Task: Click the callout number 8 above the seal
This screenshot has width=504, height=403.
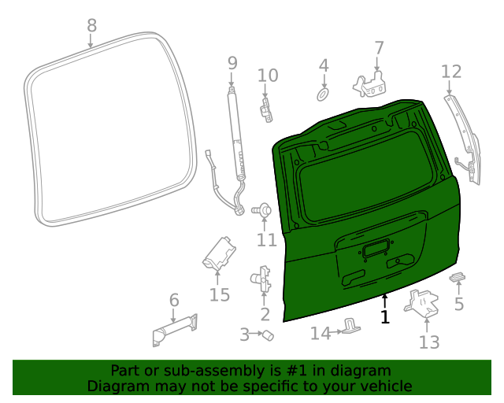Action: click(91, 25)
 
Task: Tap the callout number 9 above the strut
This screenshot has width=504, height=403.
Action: click(232, 62)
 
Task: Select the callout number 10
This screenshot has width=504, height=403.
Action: click(268, 76)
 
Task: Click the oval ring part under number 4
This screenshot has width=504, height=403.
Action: click(323, 94)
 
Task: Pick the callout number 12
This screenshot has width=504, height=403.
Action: click(450, 72)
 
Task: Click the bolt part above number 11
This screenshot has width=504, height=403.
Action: click(265, 210)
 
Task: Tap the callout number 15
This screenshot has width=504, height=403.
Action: click(219, 295)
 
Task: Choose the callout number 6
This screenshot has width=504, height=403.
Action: click(174, 300)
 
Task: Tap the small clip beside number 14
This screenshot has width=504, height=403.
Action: click(351, 326)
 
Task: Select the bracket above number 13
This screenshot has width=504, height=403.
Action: click(422, 304)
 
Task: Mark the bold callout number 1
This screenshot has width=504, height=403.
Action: click(384, 317)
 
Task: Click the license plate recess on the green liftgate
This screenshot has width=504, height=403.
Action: click(373, 250)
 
